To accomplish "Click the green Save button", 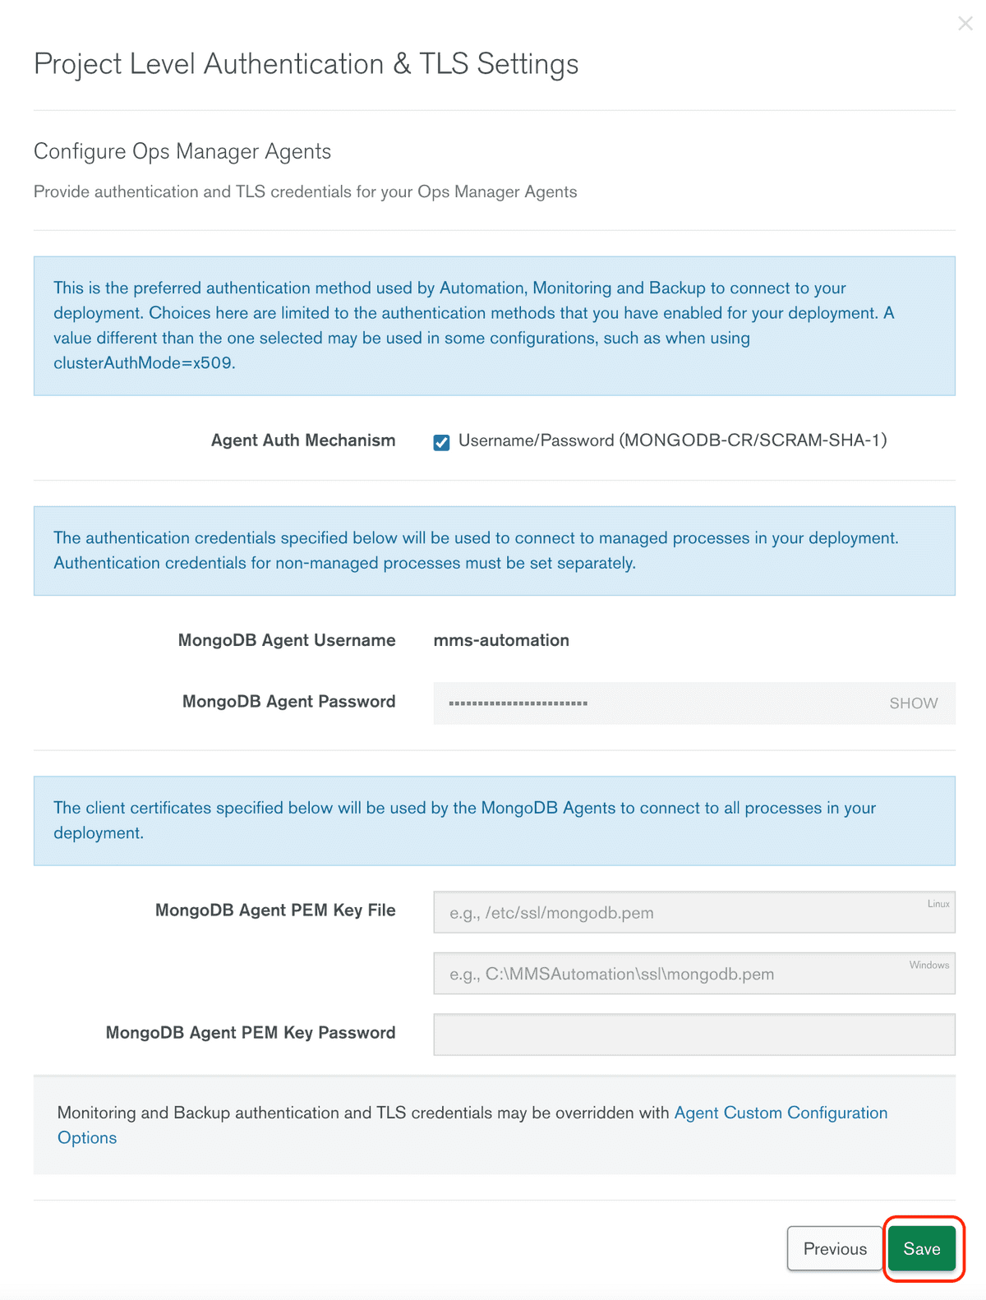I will tap(921, 1248).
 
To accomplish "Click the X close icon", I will tap(965, 24).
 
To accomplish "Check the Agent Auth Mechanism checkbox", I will tap(441, 442).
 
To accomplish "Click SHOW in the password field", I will tap(913, 703).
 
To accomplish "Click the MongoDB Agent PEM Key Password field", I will tap(693, 1035).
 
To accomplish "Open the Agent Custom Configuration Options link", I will tap(780, 1113).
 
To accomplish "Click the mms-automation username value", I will tap(501, 640).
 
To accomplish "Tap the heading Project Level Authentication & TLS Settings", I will tap(306, 64).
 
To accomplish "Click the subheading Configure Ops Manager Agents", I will tap(182, 151).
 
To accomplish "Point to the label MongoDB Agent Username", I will tap(287, 640).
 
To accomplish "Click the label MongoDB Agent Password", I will tap(288, 702).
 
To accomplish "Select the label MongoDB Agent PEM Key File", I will tap(275, 910).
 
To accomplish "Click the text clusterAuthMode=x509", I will tap(144, 363).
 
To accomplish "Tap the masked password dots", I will tap(518, 703).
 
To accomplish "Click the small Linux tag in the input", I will tap(938, 904).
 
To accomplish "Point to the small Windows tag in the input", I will tap(928, 965).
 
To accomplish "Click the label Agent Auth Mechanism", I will tap(303, 440).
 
